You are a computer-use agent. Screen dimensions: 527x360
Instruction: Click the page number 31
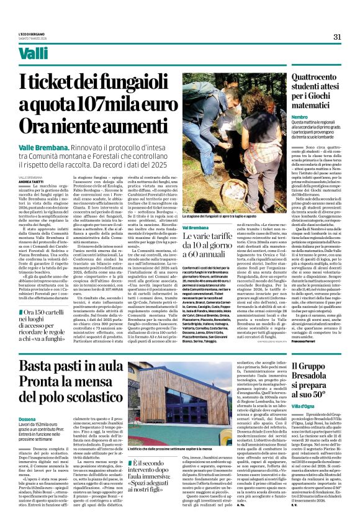click(x=337, y=37)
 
